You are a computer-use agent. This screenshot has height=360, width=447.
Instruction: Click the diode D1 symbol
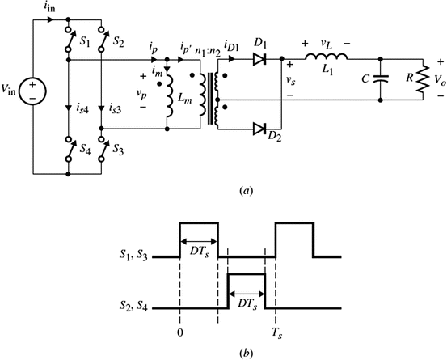pos(259,58)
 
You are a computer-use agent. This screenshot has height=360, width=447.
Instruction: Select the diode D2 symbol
pos(259,127)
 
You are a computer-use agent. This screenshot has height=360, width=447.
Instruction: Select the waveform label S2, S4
pos(133,308)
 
